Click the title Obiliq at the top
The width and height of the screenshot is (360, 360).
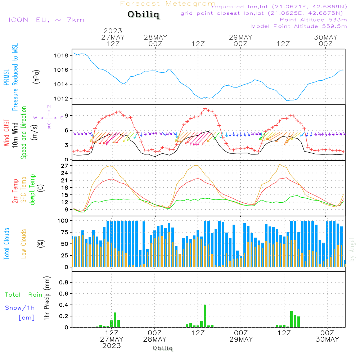pyautogui.click(x=143, y=15)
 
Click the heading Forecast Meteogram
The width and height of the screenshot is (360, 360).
pyautogui.click(x=168, y=4)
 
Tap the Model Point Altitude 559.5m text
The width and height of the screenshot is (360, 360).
pyautogui.click(x=299, y=26)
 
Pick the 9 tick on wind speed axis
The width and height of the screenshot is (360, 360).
pyautogui.click(x=66, y=116)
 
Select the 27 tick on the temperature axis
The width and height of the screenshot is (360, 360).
pyautogui.click(x=65, y=166)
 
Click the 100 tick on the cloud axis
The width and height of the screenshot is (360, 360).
pyautogui.click(x=63, y=220)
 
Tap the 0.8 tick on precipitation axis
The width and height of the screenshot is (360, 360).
pyautogui.click(x=64, y=283)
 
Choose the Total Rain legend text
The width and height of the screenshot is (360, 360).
pyautogui.click(x=23, y=295)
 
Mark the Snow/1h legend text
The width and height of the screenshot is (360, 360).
pyautogui.click(x=20, y=308)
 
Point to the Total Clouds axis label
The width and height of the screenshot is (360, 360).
pyautogui.click(x=7, y=244)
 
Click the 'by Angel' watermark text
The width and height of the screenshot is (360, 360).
pyautogui.click(x=352, y=249)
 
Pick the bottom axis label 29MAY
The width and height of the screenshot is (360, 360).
pyautogui.click(x=240, y=339)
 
